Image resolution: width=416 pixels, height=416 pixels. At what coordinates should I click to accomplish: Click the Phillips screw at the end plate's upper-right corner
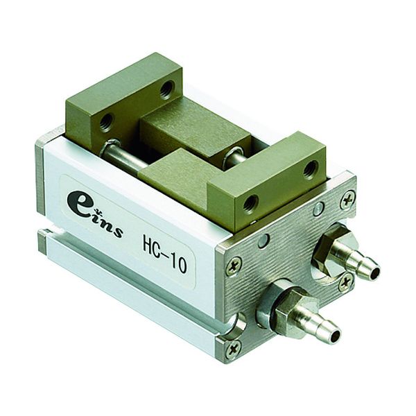point(347,201)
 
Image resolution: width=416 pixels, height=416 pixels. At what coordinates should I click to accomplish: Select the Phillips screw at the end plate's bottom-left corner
point(234,349)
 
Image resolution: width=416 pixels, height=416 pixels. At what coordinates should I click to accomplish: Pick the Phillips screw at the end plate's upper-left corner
point(234,266)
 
